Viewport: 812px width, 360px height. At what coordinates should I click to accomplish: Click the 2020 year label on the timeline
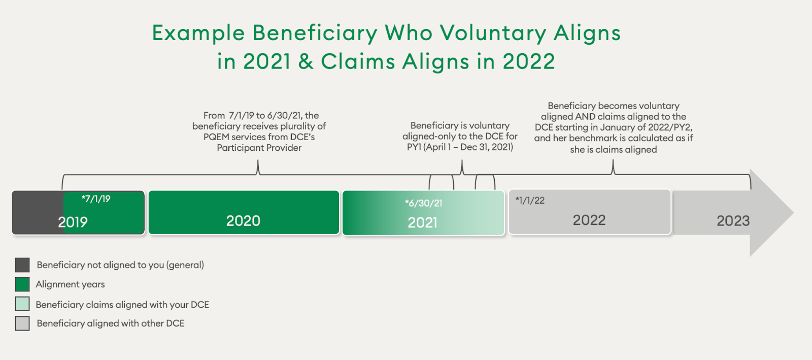coord(243,221)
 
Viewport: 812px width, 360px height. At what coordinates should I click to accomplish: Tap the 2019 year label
coord(73,222)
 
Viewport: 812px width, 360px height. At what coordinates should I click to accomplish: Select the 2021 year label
coord(422,222)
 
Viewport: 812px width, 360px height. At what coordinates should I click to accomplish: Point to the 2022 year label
coord(589,220)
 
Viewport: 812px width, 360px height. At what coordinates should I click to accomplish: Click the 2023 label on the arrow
coord(733,221)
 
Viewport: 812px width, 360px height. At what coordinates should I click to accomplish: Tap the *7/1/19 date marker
coord(96,199)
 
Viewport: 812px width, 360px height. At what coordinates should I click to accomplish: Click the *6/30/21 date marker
coord(423,204)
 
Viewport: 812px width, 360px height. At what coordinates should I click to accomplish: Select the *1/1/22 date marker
coord(530,201)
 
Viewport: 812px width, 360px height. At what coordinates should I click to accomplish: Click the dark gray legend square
coord(22,265)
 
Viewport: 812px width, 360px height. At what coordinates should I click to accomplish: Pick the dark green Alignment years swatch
coord(22,284)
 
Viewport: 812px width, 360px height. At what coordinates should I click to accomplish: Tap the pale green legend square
coord(22,304)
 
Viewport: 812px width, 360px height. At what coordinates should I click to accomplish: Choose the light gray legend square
coord(22,323)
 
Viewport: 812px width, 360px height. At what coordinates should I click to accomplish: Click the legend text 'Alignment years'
coord(70,284)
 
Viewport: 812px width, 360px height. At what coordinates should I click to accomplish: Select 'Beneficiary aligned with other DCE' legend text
coord(111,323)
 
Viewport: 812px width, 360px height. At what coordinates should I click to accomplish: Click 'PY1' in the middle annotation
coord(414,147)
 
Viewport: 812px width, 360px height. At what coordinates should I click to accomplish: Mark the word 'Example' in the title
coord(198,34)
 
